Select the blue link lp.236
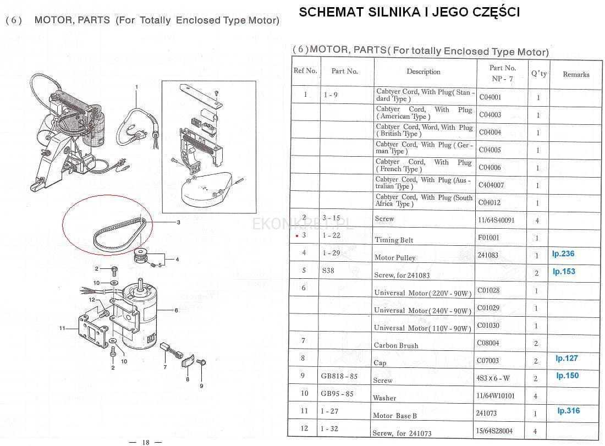pyautogui.click(x=563, y=254)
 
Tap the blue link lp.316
pyautogui.click(x=568, y=410)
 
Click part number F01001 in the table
pyautogui.click(x=488, y=237)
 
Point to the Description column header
pyautogui.click(x=424, y=71)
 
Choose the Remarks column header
pyautogui.click(x=576, y=74)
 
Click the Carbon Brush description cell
pyautogui.click(x=396, y=345)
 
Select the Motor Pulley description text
pyautogui.click(x=395, y=257)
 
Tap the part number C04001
pyautogui.click(x=490, y=97)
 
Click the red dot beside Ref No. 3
pyautogui.click(x=296, y=235)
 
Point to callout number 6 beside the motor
pyautogui.click(x=177, y=310)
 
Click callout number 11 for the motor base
pyautogui.click(x=62, y=328)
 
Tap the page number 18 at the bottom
pyautogui.click(x=145, y=442)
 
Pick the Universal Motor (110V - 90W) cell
pyautogui.click(x=422, y=328)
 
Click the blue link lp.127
pyautogui.click(x=566, y=358)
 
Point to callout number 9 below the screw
pyautogui.click(x=201, y=386)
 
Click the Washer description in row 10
pyautogui.click(x=384, y=398)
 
